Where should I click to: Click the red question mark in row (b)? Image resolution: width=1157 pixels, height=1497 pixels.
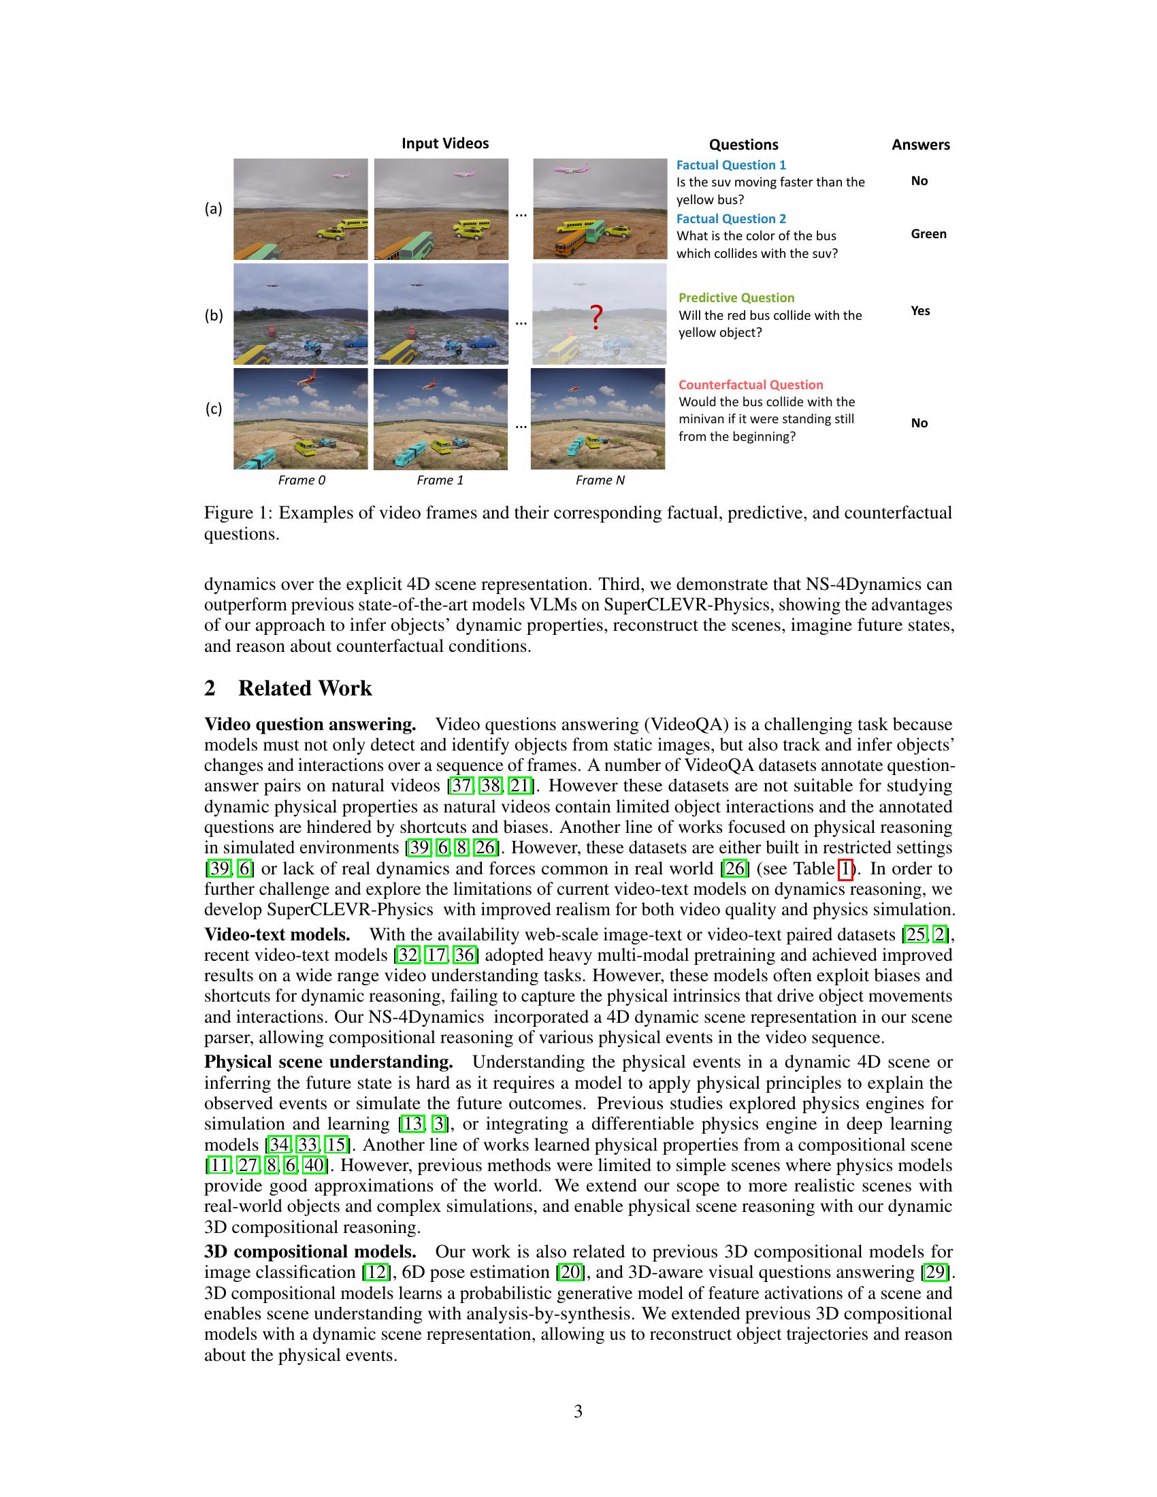[596, 316]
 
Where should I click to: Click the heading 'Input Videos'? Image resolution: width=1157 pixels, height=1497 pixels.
[445, 144]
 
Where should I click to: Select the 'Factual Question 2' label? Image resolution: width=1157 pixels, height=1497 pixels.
[731, 218]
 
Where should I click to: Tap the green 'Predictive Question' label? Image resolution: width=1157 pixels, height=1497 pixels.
[736, 297]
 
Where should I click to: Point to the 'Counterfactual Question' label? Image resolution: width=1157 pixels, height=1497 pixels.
[751, 384]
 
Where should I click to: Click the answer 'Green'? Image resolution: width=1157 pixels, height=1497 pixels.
[928, 233]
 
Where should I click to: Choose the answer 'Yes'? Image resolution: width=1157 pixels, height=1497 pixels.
[920, 310]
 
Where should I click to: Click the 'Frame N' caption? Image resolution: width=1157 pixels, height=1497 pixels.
[600, 480]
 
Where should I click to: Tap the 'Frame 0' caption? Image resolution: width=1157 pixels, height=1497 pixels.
[302, 480]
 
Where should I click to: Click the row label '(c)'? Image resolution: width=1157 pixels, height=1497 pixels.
[214, 408]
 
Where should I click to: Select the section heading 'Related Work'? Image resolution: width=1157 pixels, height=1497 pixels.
[304, 688]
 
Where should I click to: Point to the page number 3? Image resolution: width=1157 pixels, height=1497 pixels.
[578, 1411]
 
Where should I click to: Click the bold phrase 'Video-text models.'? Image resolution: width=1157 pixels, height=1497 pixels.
[277, 934]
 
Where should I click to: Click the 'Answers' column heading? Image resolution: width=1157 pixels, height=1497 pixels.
[920, 145]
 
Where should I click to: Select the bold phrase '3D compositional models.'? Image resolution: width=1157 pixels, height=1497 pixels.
[310, 1251]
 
